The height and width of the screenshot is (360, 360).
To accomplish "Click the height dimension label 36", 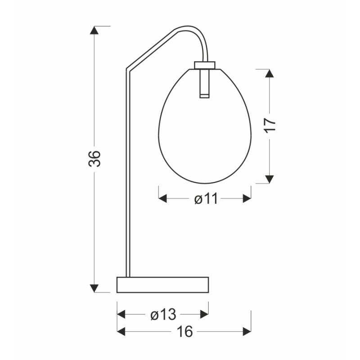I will pyautogui.click(x=94, y=158).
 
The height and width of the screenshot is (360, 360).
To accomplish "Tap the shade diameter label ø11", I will pyautogui.click(x=206, y=198).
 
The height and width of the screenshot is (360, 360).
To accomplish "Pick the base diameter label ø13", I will pyautogui.click(x=163, y=315).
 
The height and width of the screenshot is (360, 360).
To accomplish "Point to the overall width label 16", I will pyautogui.click(x=184, y=332).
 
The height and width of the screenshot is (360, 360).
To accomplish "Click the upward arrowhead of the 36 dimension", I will pyautogui.click(x=94, y=31).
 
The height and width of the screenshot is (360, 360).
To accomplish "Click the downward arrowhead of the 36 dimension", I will pyautogui.click(x=94, y=288).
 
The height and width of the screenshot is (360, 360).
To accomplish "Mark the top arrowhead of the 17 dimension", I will pyautogui.click(x=269, y=74).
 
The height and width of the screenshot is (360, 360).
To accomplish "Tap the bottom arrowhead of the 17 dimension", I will pyautogui.click(x=269, y=179).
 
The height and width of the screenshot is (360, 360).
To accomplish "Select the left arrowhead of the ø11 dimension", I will pyautogui.click(x=163, y=198).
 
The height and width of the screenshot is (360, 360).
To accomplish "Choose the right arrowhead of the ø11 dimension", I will pyautogui.click(x=247, y=198).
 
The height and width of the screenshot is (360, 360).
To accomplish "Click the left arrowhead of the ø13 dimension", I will pyautogui.click(x=121, y=315).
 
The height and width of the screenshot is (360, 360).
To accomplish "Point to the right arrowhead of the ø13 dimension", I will pyautogui.click(x=204, y=315).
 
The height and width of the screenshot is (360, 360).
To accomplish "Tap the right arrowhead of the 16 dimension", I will pyautogui.click(x=247, y=332).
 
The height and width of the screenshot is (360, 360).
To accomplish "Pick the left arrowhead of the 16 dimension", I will pyautogui.click(x=121, y=332).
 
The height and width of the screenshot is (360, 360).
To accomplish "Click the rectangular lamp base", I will pyautogui.click(x=162, y=284).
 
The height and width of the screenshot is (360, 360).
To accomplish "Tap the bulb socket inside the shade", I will pyautogui.click(x=205, y=83).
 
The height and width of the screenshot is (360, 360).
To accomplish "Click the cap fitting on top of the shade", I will pyautogui.click(x=205, y=64).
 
